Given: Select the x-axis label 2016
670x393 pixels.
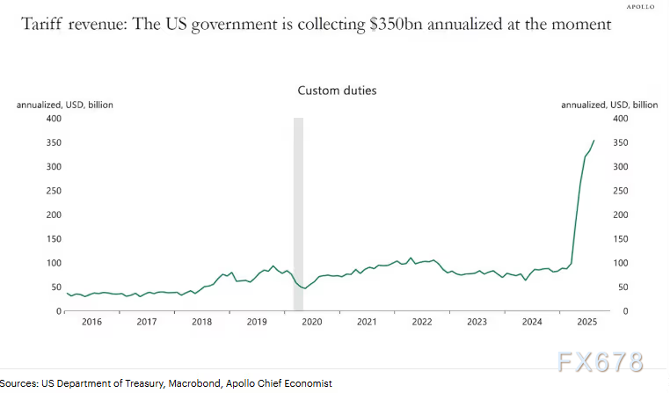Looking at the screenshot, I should [x=93, y=323].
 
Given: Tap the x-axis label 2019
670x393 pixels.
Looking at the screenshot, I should [x=257, y=323].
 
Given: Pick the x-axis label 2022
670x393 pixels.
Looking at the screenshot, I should [x=422, y=323].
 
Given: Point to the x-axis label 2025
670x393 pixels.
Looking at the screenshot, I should [x=586, y=323].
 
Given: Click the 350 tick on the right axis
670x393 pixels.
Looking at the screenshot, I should [x=619, y=142].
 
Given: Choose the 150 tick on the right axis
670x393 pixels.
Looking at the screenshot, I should [x=619, y=239].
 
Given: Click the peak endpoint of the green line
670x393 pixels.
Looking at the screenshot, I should [x=594, y=141].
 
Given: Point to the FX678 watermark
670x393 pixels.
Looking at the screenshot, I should [x=601, y=361].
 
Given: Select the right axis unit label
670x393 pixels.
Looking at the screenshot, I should [x=608, y=105].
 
